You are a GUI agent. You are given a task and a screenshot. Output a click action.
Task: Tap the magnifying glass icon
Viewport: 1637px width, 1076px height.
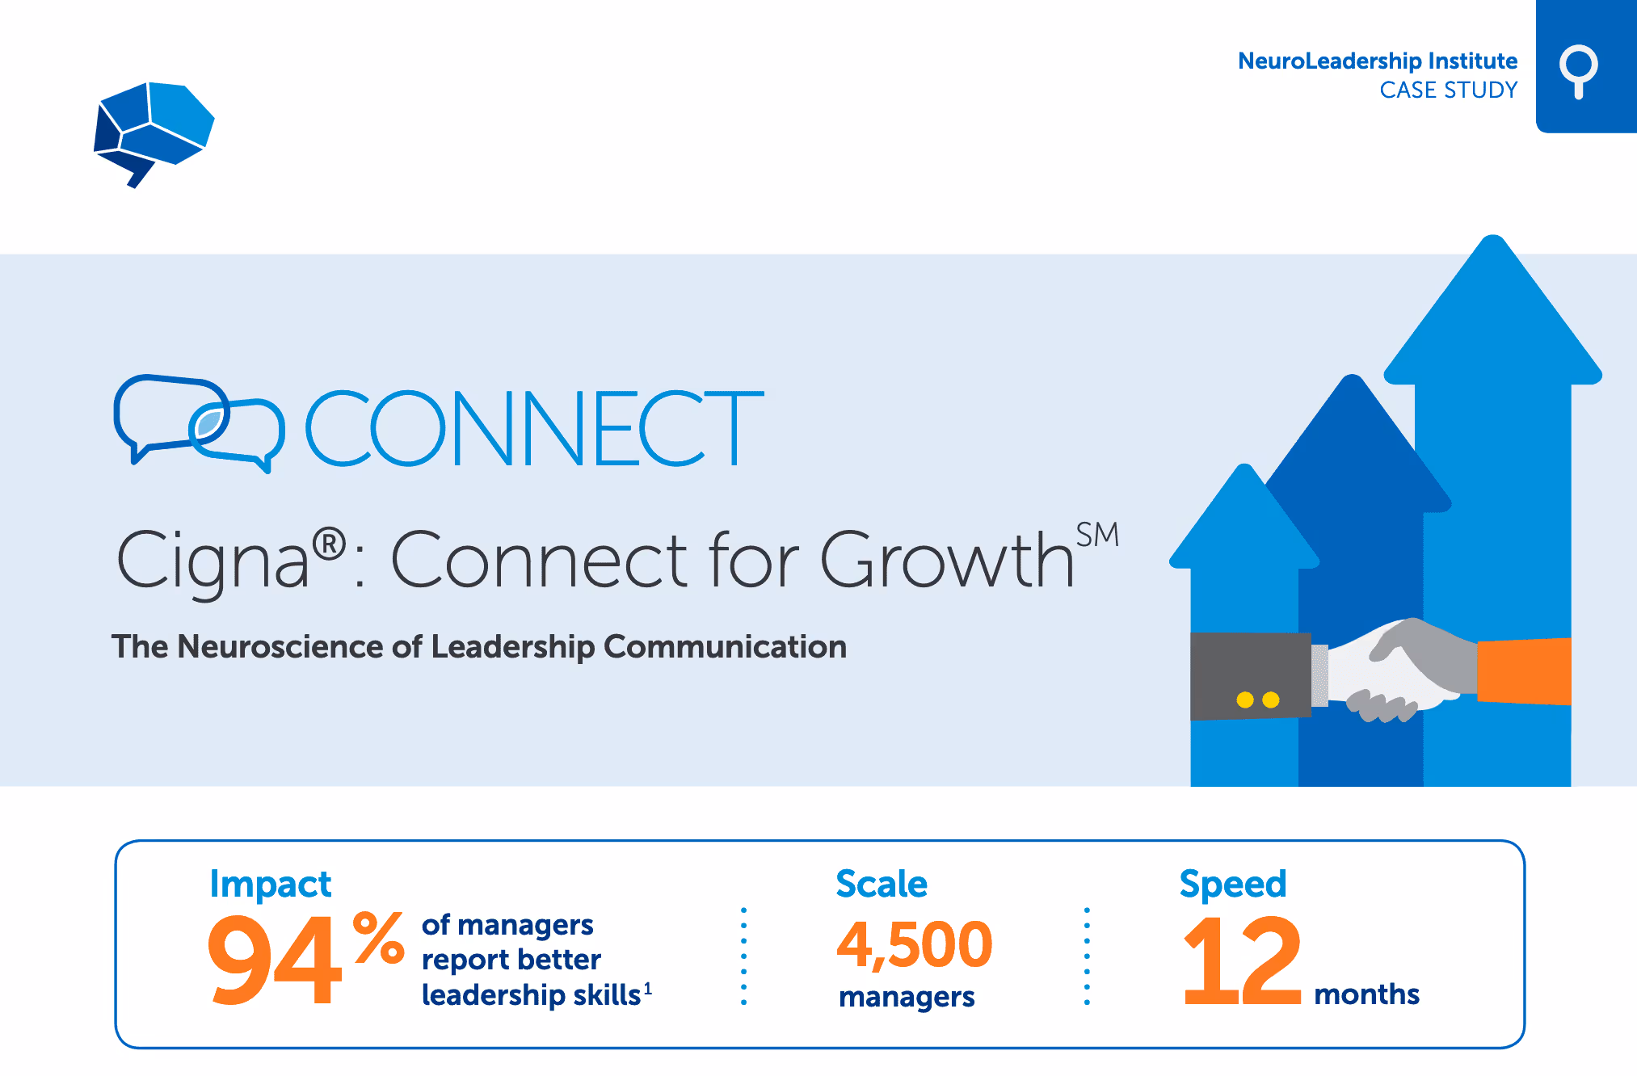click(1578, 70)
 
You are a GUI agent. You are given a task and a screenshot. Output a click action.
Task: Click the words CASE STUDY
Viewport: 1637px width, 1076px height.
click(1448, 90)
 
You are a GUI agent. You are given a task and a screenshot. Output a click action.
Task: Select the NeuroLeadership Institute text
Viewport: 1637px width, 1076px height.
click(1377, 61)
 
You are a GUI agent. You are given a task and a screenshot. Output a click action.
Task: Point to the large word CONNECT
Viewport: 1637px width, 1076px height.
click(534, 429)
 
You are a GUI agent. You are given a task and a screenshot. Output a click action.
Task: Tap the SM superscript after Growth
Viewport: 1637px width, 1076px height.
click(1096, 535)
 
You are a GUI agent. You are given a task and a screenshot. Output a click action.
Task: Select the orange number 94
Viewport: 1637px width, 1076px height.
click(275, 960)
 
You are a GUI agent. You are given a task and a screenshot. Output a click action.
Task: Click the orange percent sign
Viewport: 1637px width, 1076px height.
click(379, 938)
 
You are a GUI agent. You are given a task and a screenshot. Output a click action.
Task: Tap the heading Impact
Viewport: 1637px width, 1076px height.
click(270, 884)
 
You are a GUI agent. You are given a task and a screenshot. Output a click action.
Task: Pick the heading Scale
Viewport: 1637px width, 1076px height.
click(881, 884)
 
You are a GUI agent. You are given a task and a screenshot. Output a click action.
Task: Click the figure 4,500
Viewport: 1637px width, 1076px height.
click(914, 944)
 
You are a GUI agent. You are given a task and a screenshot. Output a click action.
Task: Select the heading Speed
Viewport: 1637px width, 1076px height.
click(1232, 884)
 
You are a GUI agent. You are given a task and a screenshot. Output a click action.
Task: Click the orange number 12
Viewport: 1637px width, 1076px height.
click(1241, 960)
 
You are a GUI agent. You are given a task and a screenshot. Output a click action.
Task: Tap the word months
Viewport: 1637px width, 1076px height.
click(1366, 994)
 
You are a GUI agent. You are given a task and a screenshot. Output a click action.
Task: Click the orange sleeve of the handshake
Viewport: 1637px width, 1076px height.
click(1524, 670)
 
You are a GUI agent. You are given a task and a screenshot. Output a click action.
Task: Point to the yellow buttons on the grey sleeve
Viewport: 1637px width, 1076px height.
click(1257, 700)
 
